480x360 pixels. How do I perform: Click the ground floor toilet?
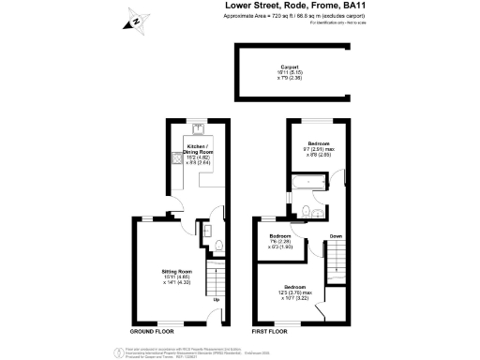click(217, 246)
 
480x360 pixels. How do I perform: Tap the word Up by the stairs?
click(217, 300)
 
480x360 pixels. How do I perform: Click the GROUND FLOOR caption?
click(151, 332)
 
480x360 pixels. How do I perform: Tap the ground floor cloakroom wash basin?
click(206, 229)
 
